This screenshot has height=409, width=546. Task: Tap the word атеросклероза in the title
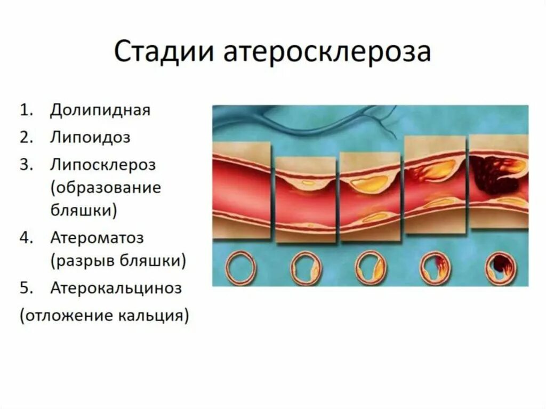(327, 53)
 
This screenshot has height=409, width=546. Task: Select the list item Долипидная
(100, 110)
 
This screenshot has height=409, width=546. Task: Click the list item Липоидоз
(91, 137)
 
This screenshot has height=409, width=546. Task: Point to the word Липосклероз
(103, 164)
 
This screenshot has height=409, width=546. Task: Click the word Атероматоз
(97, 237)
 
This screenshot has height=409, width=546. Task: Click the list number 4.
(26, 237)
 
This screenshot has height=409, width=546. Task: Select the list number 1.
(26, 110)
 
